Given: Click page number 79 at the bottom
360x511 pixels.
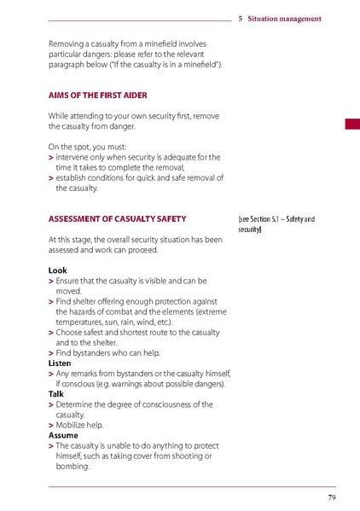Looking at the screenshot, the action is click(x=330, y=497).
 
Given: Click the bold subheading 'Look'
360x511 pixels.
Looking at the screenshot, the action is click(x=56, y=270).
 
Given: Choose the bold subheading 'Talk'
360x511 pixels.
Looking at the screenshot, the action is click(x=55, y=393).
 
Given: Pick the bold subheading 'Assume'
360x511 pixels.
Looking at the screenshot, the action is click(x=62, y=435).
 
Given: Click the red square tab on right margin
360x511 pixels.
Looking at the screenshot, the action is click(x=351, y=125).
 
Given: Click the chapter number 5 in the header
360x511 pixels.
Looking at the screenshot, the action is click(x=241, y=18).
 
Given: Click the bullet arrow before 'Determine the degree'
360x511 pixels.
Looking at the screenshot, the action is click(x=51, y=404).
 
